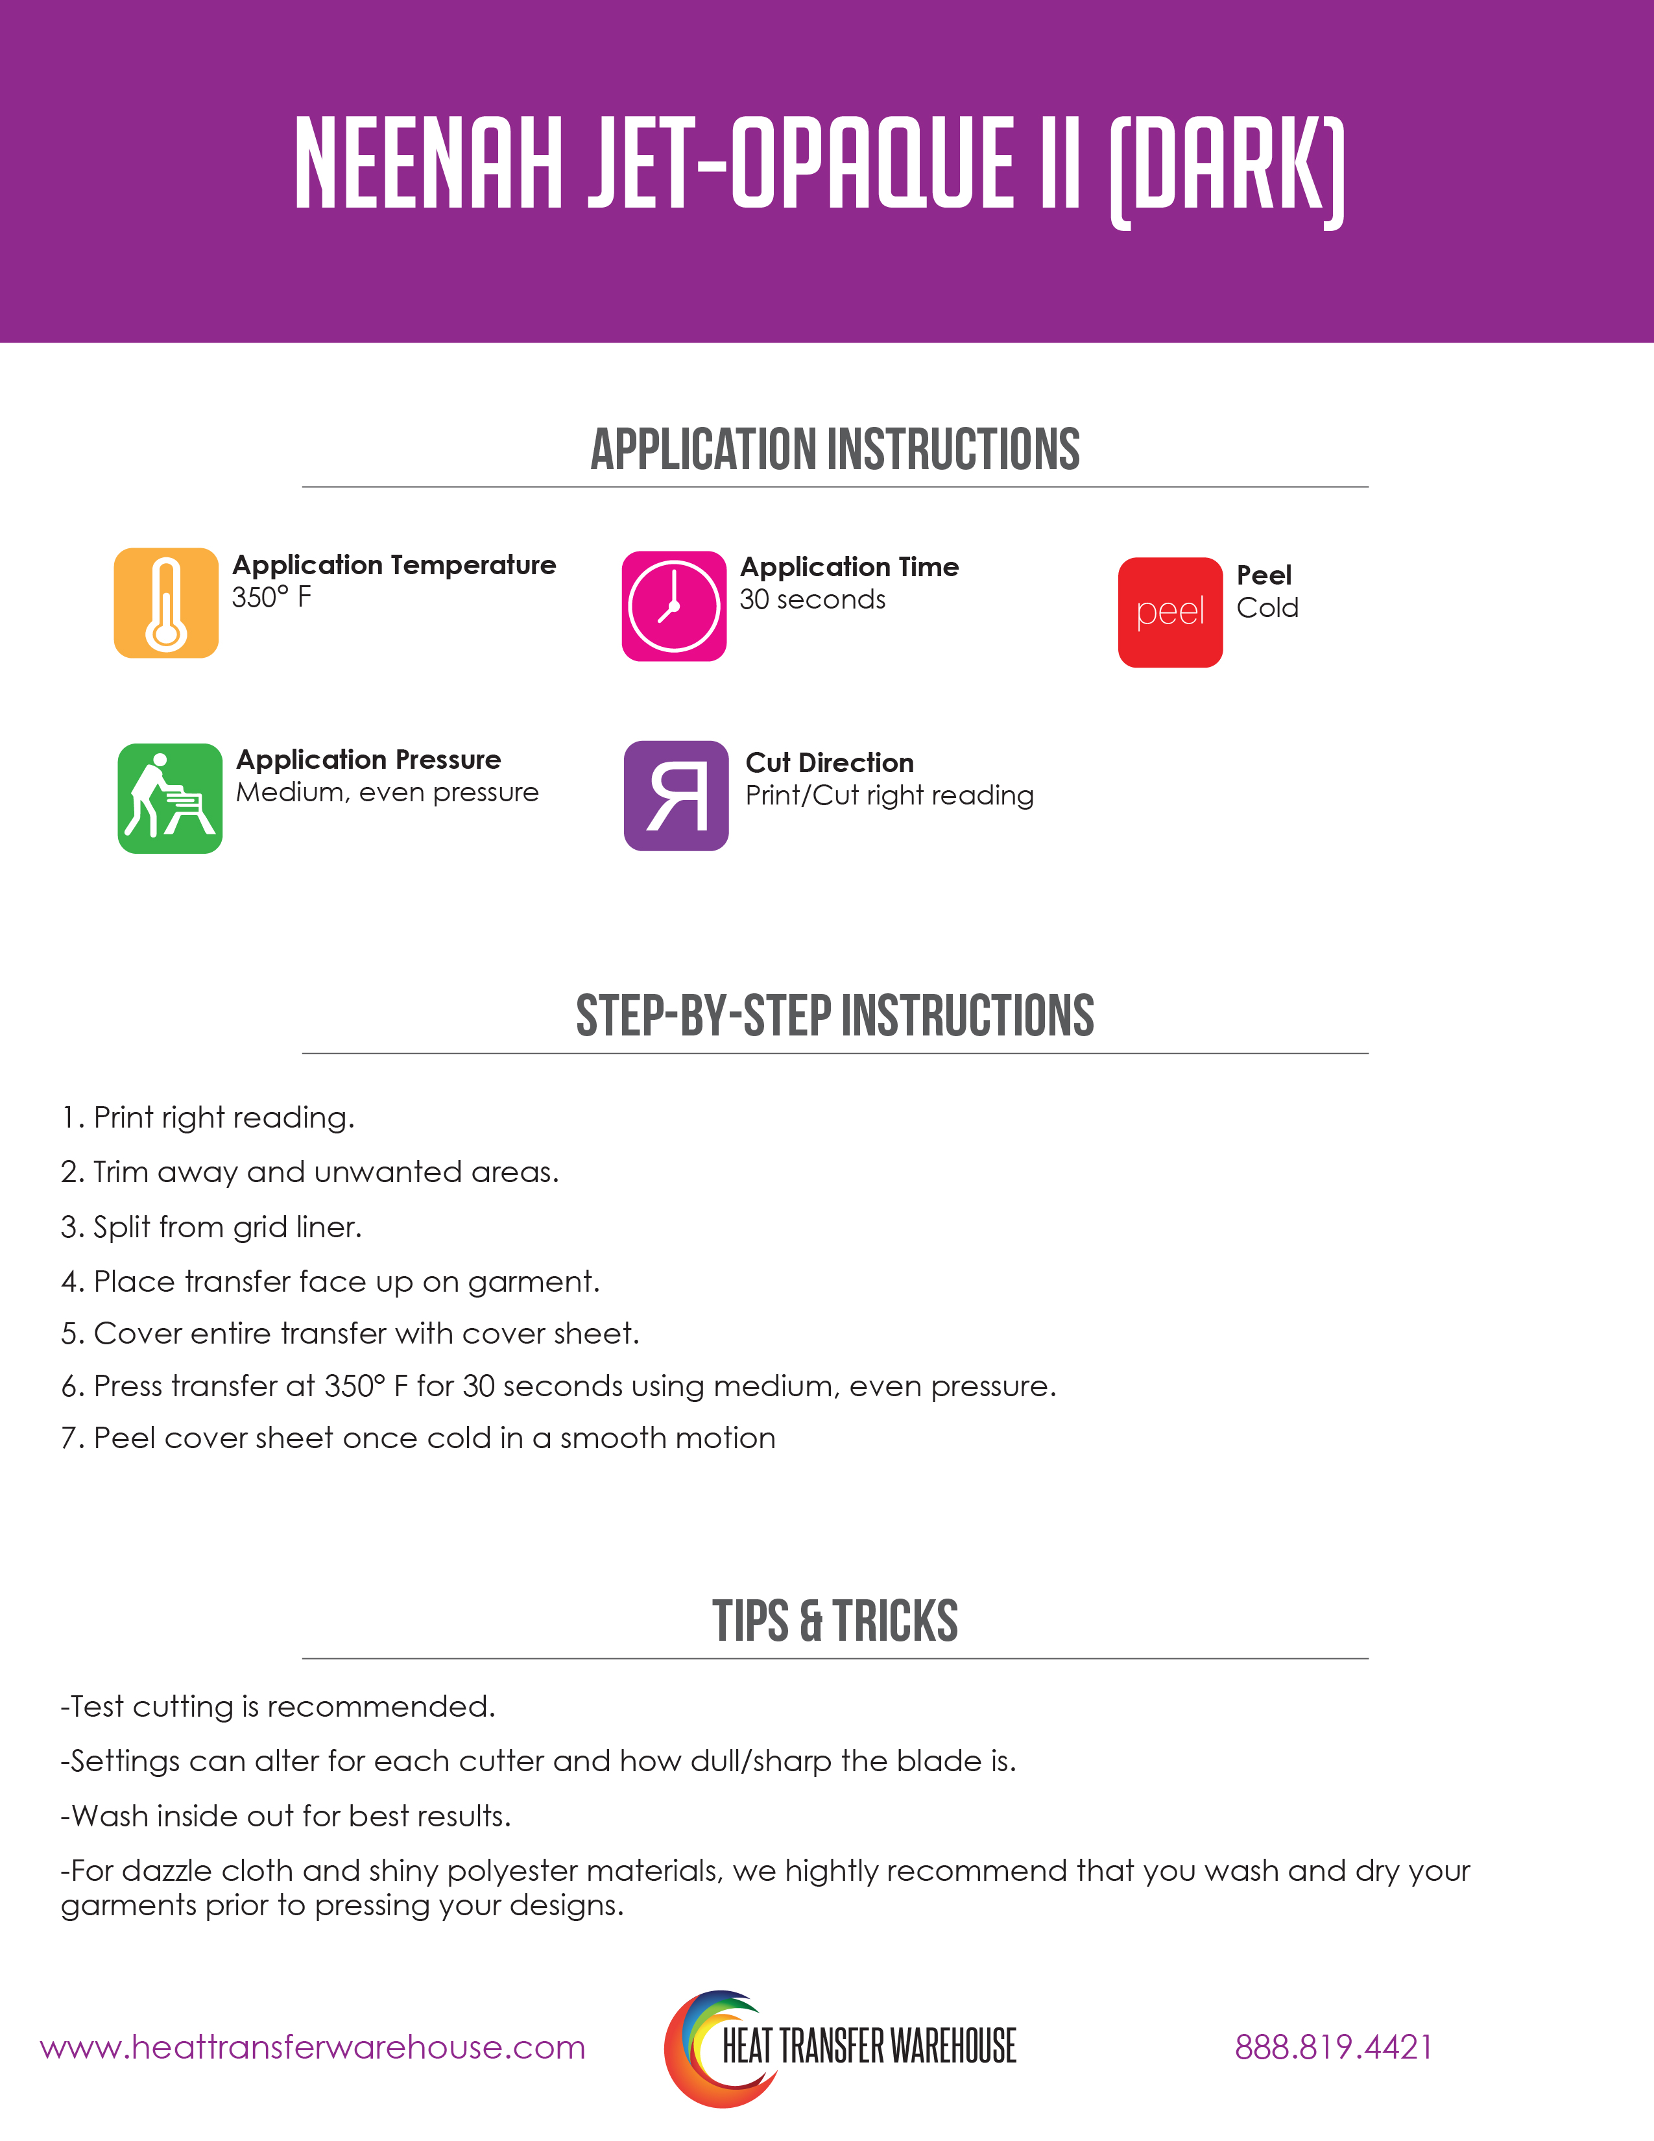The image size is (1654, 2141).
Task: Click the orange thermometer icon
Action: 165,602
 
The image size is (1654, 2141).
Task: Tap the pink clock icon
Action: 673,606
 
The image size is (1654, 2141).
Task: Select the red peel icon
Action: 1170,612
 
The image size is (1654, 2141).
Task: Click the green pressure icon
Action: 169,798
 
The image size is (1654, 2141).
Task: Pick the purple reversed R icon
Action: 676,795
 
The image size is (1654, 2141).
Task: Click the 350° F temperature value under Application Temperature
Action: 271,597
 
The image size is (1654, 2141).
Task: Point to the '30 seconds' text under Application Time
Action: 812,599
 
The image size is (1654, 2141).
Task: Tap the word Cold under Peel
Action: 1267,608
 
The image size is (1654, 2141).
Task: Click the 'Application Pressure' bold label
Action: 368,759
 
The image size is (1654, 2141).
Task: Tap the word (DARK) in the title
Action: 1227,169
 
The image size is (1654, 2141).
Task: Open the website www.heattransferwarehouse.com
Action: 313,2047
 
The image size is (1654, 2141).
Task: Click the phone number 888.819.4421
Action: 1333,2047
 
